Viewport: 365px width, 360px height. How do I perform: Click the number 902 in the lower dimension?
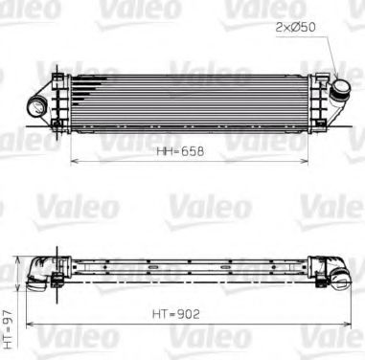[x=189, y=312]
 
